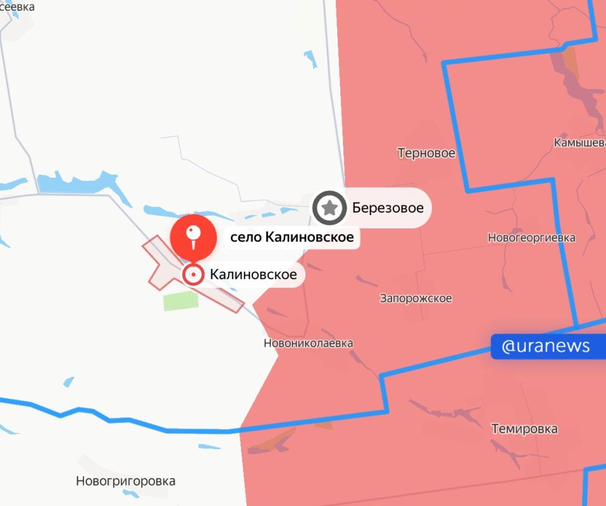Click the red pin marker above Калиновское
pos(193,237)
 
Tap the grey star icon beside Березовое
pos(329,207)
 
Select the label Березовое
pos(387,207)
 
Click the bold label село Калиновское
pos(291,238)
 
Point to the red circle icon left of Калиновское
pos(193,275)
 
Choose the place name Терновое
pos(426,153)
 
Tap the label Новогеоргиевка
pos(531,238)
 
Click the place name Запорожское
pos(416,298)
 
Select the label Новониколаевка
pos(308,343)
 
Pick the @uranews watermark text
pos(545,346)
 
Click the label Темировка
pos(524,429)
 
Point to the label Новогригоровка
pos(125,481)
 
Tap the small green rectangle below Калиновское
pos(180,301)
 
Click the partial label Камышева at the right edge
pos(579,143)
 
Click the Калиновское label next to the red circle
pos(253,275)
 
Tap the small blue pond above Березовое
pos(311,59)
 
